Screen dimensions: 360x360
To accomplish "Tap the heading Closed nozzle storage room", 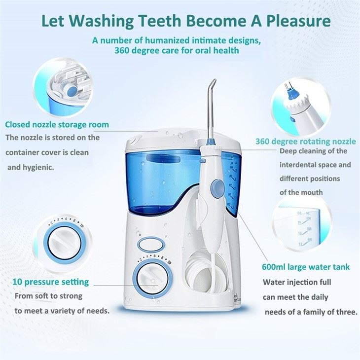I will coord(57,124).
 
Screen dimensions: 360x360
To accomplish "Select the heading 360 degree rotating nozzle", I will coord(306,142).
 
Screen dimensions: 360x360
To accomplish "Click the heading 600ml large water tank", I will coord(306,267).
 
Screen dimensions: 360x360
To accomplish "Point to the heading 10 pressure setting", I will coord(51,282).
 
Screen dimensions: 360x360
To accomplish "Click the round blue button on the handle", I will coord(215,187).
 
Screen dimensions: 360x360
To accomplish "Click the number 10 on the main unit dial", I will coord(169,263).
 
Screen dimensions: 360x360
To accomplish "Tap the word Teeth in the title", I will coord(156,22).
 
